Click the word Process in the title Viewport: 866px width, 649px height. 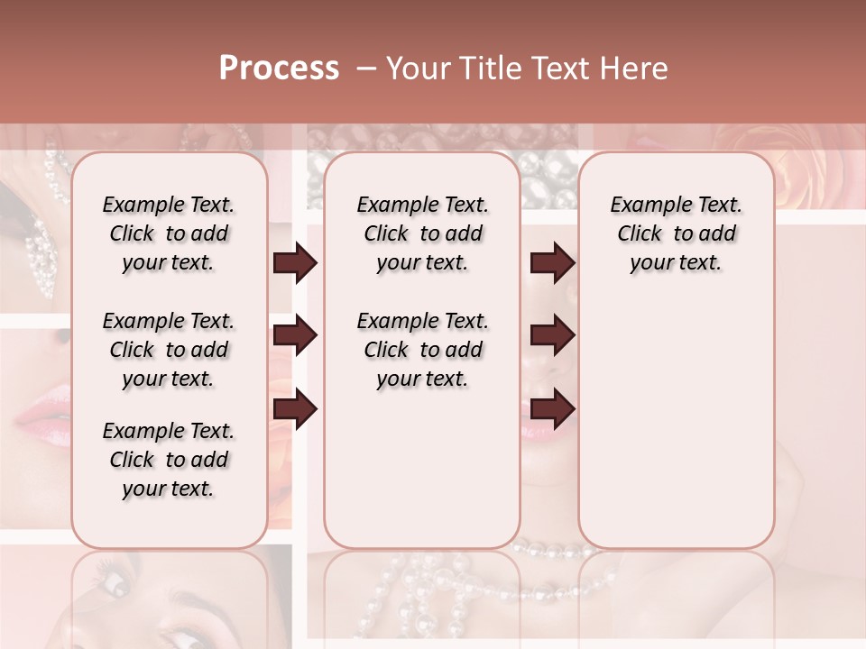[279, 68]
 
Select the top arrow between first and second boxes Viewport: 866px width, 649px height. [295, 263]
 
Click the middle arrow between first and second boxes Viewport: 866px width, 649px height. [295, 335]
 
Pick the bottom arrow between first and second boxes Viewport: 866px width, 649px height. [295, 409]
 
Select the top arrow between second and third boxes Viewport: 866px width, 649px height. [552, 263]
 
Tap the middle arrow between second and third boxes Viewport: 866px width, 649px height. [552, 335]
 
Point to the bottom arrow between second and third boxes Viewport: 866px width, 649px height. [552, 409]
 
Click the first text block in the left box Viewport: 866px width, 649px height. [169, 233]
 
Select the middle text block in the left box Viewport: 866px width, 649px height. [169, 350]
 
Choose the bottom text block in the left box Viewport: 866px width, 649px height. [169, 460]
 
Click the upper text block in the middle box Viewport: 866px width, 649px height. [422, 233]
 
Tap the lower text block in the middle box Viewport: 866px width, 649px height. [422, 350]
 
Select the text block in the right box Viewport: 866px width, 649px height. [676, 233]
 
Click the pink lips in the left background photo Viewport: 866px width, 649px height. [41, 411]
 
